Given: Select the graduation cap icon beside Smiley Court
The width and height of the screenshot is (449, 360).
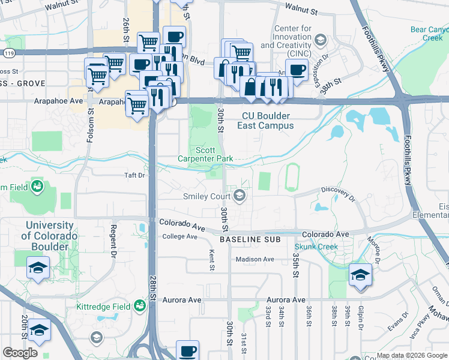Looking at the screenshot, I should pyautogui.click(x=240, y=196).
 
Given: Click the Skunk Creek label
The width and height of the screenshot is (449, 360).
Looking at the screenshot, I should pyautogui.click(x=316, y=247).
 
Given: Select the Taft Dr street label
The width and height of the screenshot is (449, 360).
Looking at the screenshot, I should pyautogui.click(x=134, y=175).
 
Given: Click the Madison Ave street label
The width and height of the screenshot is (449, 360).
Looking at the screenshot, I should pyautogui.click(x=255, y=259).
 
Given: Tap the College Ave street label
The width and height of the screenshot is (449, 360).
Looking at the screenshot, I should pyautogui.click(x=179, y=236).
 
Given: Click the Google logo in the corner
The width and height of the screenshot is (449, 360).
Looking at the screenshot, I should pyautogui.click(x=20, y=353).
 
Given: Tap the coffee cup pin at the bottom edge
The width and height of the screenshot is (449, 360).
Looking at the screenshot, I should pyautogui.click(x=188, y=351).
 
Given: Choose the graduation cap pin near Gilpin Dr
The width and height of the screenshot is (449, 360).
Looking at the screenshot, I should pyautogui.click(x=360, y=275).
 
